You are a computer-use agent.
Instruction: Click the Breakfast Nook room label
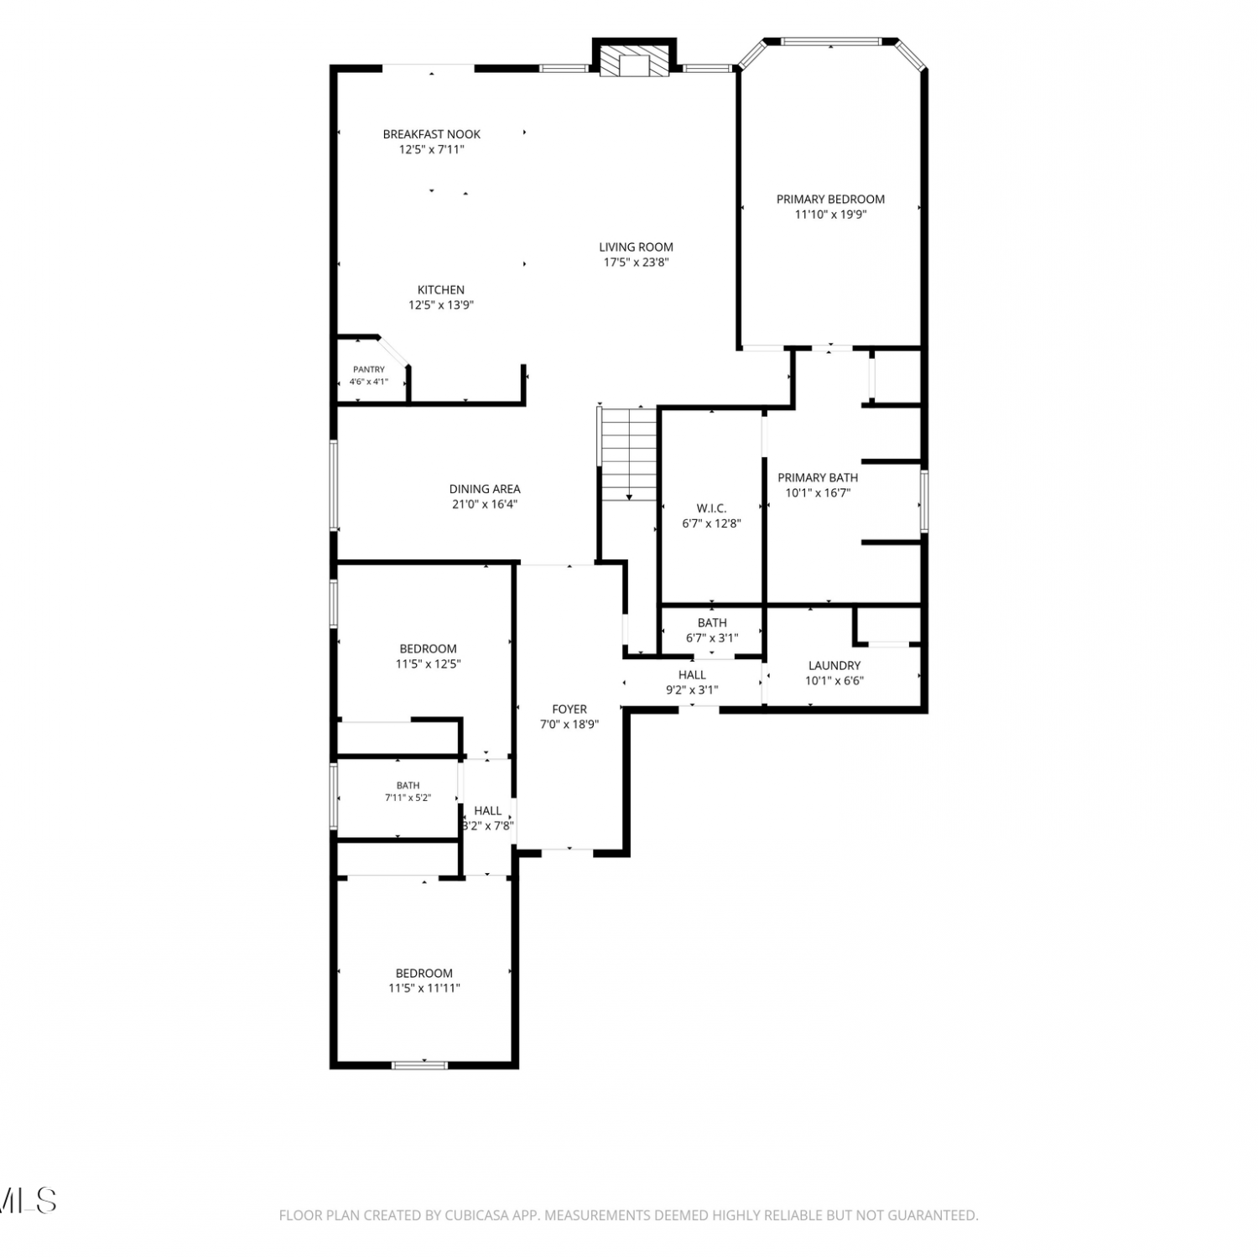(432, 134)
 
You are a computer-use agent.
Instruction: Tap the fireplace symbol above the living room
(634, 60)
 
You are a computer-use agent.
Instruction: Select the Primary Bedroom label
(830, 200)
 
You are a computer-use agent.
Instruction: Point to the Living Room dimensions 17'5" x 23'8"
(637, 263)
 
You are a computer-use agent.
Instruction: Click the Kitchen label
(441, 290)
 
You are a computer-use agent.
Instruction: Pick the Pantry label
(369, 369)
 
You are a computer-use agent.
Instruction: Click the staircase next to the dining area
(629, 454)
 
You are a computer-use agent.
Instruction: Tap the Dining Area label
(485, 489)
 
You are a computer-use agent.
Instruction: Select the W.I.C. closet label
(711, 508)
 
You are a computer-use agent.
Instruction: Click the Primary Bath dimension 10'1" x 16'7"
(818, 493)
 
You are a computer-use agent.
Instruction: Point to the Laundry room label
(834, 666)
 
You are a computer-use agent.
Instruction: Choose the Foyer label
(569, 710)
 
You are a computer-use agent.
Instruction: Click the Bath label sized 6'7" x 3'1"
(712, 623)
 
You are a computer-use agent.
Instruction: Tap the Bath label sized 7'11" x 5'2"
(408, 786)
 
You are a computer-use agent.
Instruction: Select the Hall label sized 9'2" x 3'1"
(692, 675)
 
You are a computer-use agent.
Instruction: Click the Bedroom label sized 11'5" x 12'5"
(428, 649)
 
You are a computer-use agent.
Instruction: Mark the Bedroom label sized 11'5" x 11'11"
(424, 974)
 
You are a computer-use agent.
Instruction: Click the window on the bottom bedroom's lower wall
(419, 1065)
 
